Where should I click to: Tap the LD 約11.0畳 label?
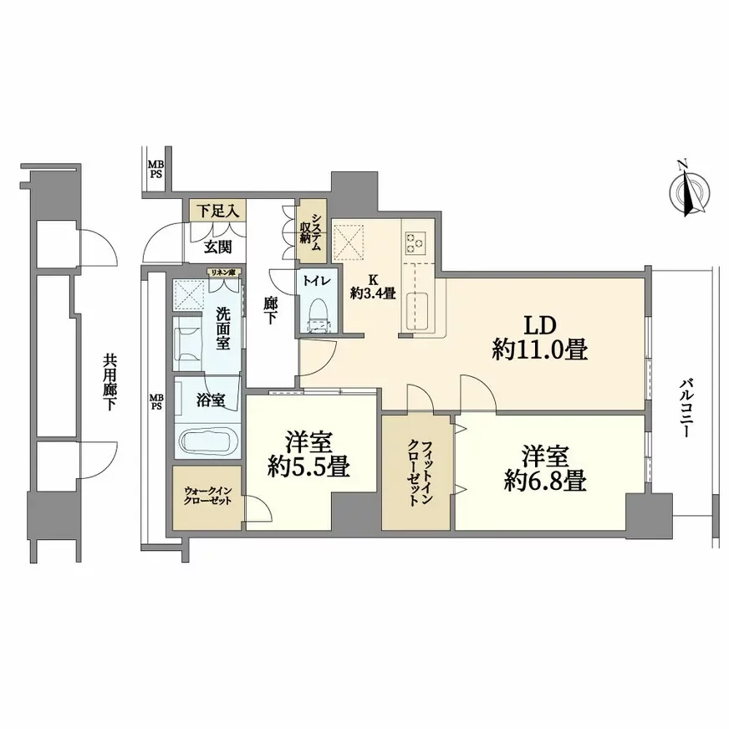coord(539,338)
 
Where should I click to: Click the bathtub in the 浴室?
coord(207,438)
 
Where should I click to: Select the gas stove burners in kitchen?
coord(415,242)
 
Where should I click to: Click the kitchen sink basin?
coord(416,313)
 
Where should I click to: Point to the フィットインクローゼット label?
coord(415,472)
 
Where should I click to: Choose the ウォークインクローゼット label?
coord(208,497)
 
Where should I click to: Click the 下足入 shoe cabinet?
coord(216,210)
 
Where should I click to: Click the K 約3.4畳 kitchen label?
coord(372,287)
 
